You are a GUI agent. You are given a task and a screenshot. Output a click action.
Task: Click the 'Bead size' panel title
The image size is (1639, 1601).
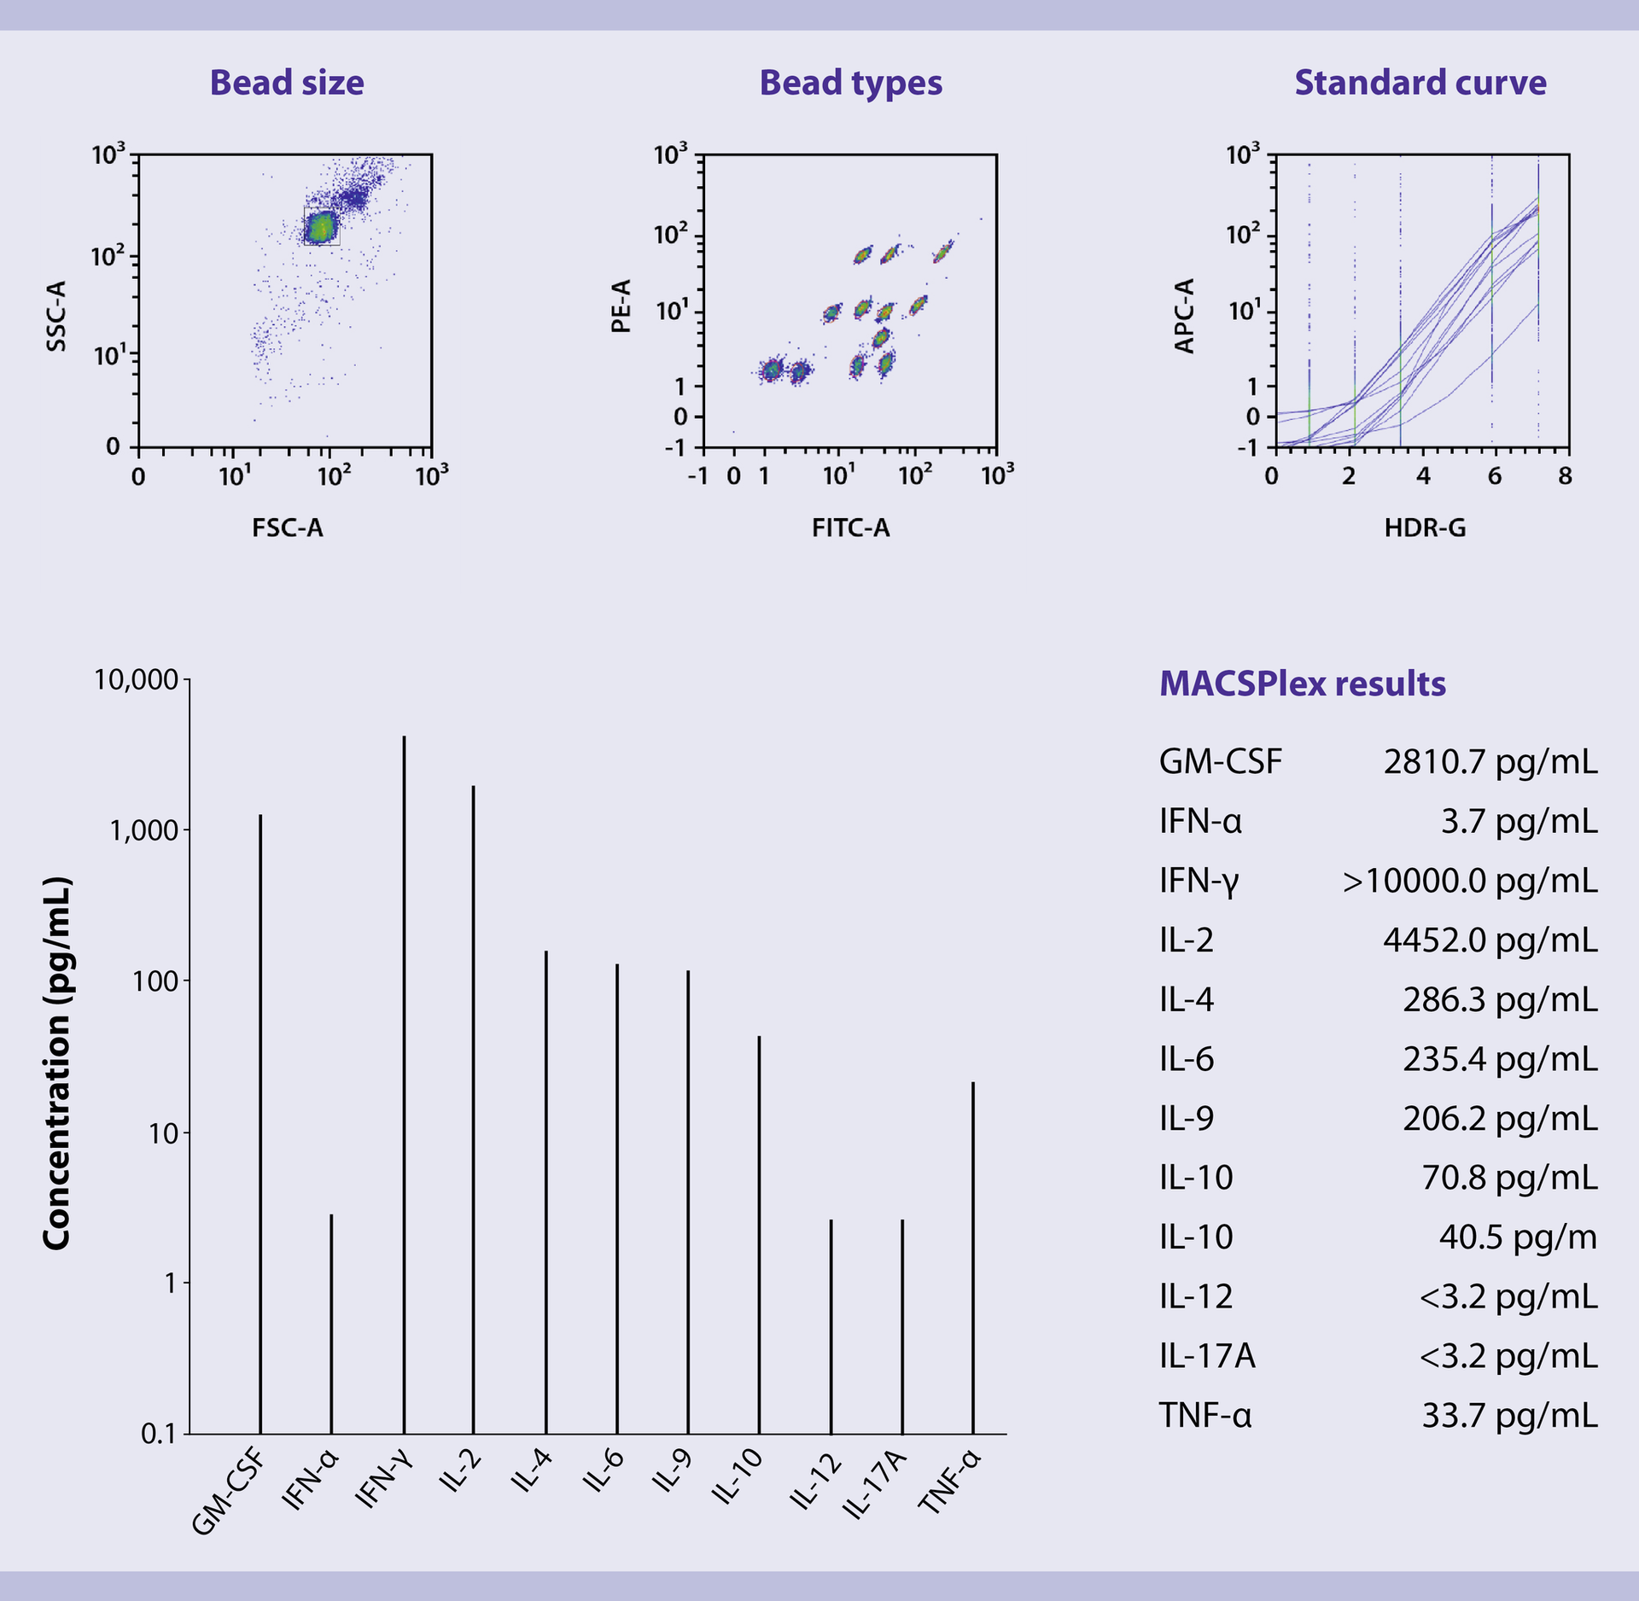tap(287, 83)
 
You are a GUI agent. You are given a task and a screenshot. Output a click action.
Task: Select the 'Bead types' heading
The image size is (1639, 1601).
tap(850, 83)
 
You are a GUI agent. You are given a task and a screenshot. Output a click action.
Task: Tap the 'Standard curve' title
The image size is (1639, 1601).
tap(1420, 83)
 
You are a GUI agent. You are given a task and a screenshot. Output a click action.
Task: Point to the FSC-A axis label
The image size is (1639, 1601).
tap(288, 528)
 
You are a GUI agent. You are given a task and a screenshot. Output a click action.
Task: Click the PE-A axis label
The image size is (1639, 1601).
tap(621, 306)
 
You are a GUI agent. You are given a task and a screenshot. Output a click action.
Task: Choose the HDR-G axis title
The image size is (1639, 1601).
tap(1425, 528)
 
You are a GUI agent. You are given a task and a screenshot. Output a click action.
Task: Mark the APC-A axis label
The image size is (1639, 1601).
tap(1185, 316)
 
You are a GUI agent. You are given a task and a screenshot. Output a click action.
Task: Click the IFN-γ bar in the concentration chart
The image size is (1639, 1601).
tap(405, 1084)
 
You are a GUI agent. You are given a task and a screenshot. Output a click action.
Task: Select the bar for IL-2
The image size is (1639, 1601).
tap(474, 1109)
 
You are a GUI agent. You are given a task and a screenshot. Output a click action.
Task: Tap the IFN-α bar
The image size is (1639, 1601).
tap(331, 1324)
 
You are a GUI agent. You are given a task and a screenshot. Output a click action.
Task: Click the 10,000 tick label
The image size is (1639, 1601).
tap(136, 679)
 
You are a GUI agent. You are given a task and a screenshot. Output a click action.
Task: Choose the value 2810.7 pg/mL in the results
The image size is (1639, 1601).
tap(1490, 762)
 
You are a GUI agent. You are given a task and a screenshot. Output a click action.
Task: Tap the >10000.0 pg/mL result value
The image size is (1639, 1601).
tap(1469, 881)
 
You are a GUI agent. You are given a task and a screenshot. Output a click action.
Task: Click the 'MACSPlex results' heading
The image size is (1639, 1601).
tap(1302, 684)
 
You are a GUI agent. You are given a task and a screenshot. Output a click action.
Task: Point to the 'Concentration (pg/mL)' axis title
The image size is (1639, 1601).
tap(56, 1063)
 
